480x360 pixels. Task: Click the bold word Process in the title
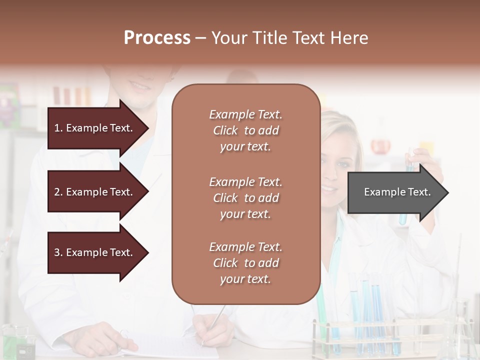tap(157, 38)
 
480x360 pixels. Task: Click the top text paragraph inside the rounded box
tap(246, 130)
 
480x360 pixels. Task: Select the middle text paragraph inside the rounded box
tap(246, 198)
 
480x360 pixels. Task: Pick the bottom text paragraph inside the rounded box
tap(246, 263)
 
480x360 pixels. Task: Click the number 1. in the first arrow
tap(58, 128)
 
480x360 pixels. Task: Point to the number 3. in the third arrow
tap(58, 252)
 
